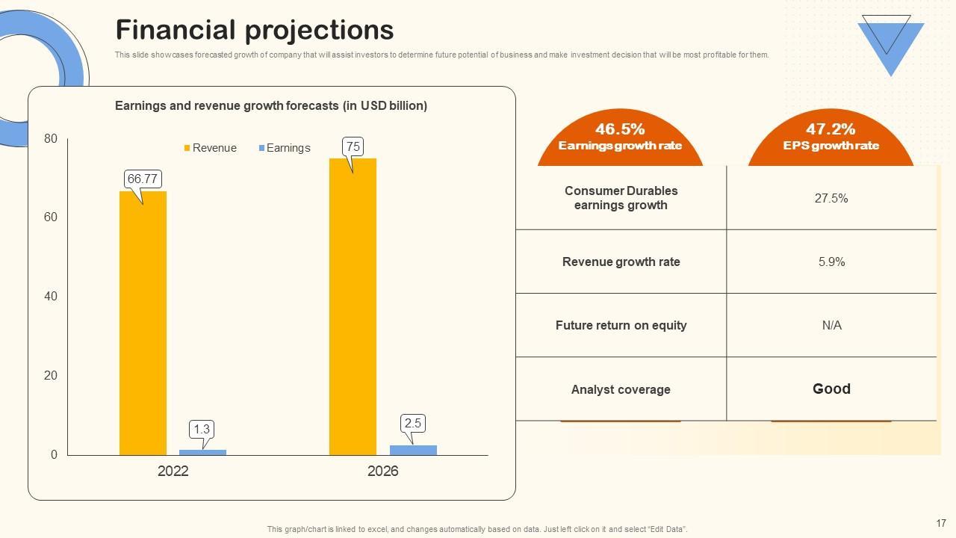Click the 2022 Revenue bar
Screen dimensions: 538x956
[x=143, y=323]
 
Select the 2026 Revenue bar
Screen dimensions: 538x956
[x=353, y=306]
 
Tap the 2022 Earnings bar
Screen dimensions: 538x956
[x=202, y=452]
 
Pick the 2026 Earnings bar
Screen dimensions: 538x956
[x=413, y=450]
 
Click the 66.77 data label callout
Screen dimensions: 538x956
[x=142, y=179]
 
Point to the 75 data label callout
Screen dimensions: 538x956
[x=353, y=147]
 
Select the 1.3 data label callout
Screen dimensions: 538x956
[x=202, y=430]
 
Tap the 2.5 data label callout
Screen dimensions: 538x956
[x=412, y=424]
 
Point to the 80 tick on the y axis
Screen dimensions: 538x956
[x=51, y=138]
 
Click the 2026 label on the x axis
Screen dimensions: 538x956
[x=382, y=471]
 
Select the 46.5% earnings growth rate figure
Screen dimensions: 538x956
[x=620, y=129]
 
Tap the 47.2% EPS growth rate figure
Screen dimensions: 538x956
[x=831, y=129]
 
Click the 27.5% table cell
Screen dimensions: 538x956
[x=831, y=198]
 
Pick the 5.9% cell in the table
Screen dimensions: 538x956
[x=831, y=262]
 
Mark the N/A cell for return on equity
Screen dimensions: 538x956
[x=831, y=325]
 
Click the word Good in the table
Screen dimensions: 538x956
[x=831, y=389]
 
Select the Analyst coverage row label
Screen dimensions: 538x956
[x=621, y=389]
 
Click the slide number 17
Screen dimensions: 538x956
[x=941, y=523]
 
